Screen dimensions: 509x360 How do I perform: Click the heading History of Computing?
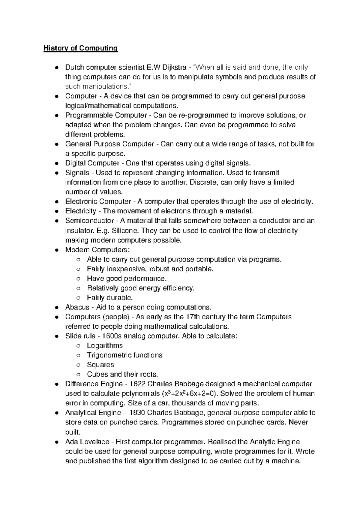[81, 48]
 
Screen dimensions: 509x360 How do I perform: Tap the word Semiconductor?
[89, 221]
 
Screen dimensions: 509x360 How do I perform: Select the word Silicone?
[124, 230]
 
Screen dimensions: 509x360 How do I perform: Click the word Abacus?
[77, 307]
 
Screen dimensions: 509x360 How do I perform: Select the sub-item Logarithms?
[105, 345]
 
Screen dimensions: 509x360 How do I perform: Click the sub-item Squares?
[100, 365]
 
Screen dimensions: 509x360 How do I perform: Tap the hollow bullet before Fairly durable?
[78, 298]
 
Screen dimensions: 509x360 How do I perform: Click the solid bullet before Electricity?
[56, 211]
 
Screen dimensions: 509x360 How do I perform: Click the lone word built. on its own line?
[73, 432]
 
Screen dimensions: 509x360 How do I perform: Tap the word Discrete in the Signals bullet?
[204, 182]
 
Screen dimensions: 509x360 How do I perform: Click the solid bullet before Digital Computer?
[56, 164]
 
